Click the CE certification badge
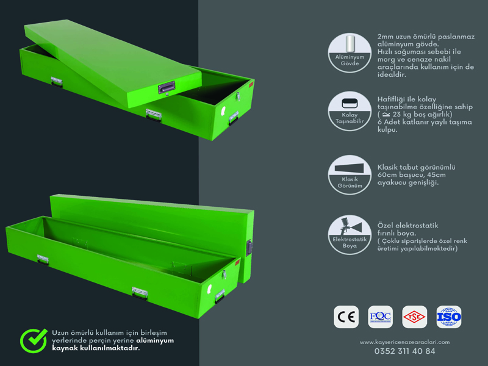346,317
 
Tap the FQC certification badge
380,317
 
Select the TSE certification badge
415,317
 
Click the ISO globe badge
449,317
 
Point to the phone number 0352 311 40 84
404,351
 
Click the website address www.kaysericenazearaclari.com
404,342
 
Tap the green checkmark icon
34,340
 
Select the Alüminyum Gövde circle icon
350,53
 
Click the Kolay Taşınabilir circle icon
350,111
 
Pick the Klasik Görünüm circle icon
350,175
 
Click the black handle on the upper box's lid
167,87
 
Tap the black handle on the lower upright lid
249,248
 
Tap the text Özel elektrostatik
407,225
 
